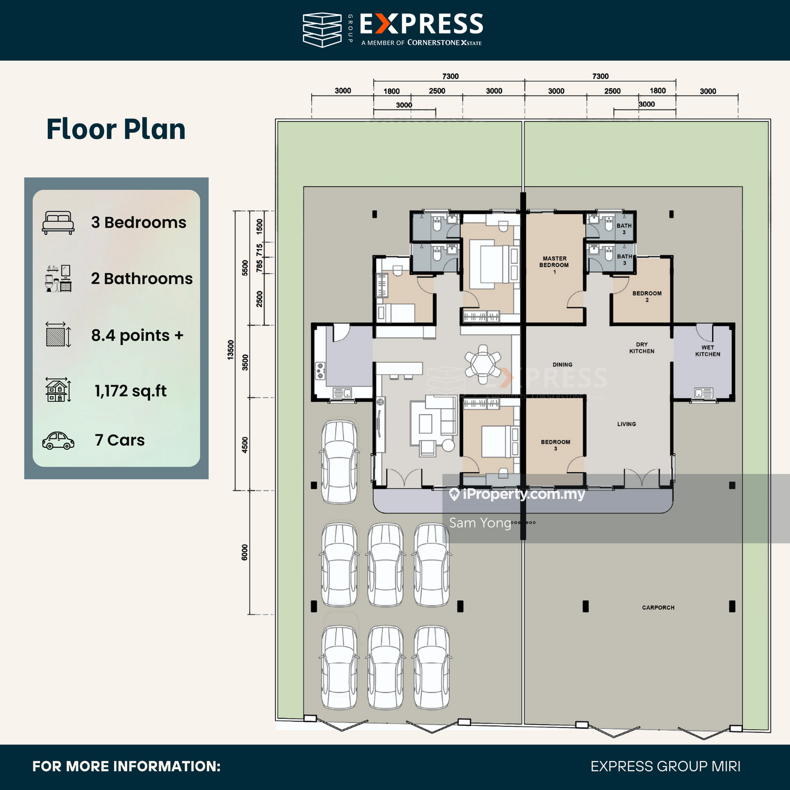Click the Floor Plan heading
[116, 129]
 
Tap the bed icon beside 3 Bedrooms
[58, 223]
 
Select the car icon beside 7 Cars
[58, 441]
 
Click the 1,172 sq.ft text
[131, 391]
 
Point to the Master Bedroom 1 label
[554, 265]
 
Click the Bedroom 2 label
[647, 296]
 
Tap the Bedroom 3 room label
[556, 445]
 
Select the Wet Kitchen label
[708, 351]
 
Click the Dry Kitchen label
[641, 348]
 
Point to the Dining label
[562, 364]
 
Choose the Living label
[627, 424]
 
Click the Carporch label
[658, 607]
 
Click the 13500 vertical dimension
[230, 350]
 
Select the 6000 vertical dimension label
[245, 552]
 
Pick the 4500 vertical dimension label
[245, 445]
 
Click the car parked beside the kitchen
[339, 462]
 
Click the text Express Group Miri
[665, 766]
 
